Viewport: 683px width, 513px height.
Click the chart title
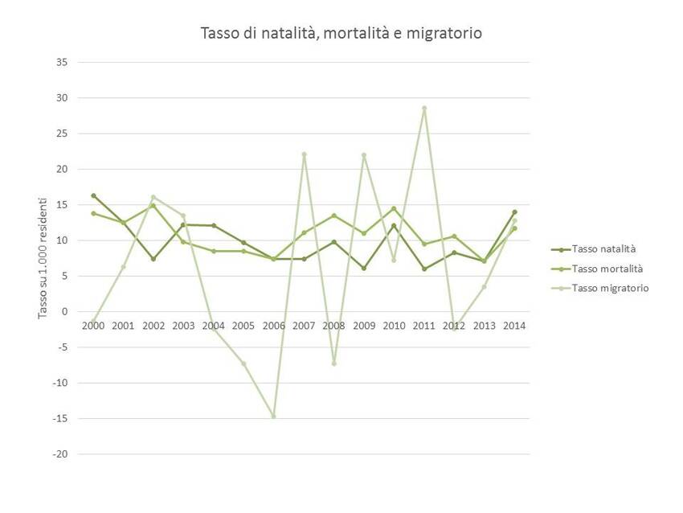click(341, 33)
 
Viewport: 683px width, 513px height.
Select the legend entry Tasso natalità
click(603, 248)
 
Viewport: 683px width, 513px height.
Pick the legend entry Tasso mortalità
click(607, 268)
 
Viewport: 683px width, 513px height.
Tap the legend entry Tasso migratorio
click(609, 288)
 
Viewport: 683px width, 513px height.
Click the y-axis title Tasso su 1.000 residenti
click(43, 257)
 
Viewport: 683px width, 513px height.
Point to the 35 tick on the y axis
click(61, 62)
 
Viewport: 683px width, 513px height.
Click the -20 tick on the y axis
click(59, 454)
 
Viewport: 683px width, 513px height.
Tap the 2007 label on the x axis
click(304, 326)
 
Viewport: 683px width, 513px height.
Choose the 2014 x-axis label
click(514, 326)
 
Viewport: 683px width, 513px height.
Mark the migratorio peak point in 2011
click(424, 108)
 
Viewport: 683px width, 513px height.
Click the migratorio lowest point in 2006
click(273, 417)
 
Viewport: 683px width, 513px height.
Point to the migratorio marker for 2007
click(304, 154)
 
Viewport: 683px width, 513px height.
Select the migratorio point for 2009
click(364, 155)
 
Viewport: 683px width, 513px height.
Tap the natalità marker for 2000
click(93, 195)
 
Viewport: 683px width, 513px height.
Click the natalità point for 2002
click(153, 259)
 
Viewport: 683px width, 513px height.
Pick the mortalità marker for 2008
click(334, 215)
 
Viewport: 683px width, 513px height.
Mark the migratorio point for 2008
click(334, 363)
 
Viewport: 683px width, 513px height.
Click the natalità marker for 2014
click(514, 212)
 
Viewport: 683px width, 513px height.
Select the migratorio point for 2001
click(123, 267)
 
